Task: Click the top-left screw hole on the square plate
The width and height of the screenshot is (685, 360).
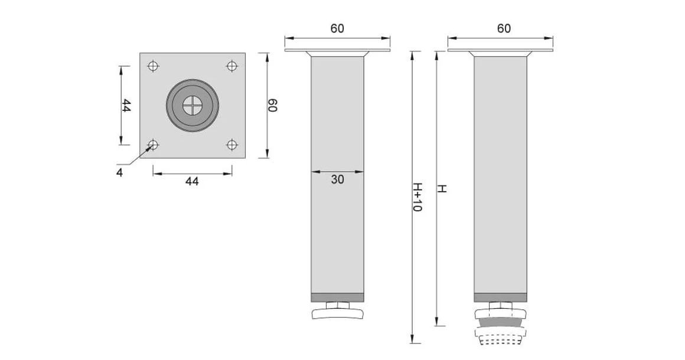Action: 154,66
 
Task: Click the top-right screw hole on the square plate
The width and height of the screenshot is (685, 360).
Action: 232,66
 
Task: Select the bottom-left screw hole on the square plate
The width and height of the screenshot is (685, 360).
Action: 154,144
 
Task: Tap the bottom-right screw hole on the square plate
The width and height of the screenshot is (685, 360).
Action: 232,144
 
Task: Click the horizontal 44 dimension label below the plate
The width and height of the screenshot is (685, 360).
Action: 193,182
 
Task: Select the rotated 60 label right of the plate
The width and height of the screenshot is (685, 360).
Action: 272,106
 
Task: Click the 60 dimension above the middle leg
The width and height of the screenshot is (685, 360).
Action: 337,28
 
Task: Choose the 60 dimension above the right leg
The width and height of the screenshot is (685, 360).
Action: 504,28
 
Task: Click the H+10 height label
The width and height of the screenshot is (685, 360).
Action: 417,197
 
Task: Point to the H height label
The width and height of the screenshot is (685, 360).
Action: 442,189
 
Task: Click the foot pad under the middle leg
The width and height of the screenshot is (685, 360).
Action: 337,313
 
